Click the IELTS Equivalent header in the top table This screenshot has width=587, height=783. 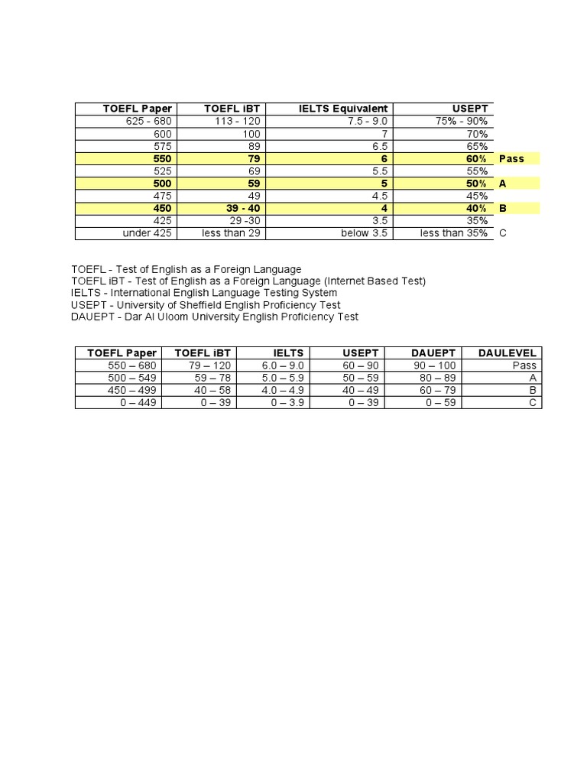point(343,109)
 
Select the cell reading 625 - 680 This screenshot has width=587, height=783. point(148,122)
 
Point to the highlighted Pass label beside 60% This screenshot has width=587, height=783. point(511,159)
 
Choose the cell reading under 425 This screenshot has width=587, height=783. point(148,233)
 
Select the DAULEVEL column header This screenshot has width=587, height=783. point(507,353)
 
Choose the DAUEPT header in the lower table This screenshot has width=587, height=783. point(433,353)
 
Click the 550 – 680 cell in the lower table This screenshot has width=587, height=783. point(132,366)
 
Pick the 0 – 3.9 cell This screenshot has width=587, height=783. point(287,402)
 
